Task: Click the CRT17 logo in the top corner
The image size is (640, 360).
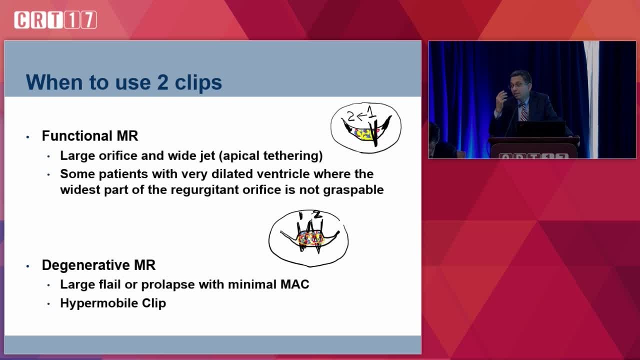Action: (x=55, y=19)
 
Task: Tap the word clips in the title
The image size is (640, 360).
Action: (x=198, y=83)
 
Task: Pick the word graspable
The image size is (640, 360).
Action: (x=353, y=190)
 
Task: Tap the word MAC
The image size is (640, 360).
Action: (x=294, y=284)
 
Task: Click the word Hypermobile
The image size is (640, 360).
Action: (x=99, y=303)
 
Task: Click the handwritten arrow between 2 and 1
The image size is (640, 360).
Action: (x=361, y=115)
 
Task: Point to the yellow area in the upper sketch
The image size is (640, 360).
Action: (x=363, y=134)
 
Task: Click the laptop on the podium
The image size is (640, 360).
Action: (x=540, y=129)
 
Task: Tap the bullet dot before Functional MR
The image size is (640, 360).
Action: (x=27, y=137)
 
